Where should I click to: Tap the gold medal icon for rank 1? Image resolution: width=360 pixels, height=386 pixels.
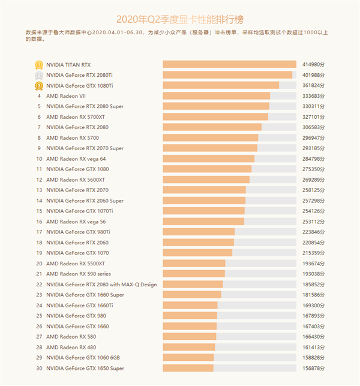pyautogui.click(x=38, y=64)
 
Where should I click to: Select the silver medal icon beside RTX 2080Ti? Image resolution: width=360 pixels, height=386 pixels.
pyautogui.click(x=38, y=75)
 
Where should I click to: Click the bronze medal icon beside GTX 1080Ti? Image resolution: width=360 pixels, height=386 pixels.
pyautogui.click(x=38, y=86)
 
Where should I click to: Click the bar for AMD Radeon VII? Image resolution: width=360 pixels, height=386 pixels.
pyautogui.click(x=216, y=96)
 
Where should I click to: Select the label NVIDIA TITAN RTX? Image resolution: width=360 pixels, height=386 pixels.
pyautogui.click(x=68, y=64)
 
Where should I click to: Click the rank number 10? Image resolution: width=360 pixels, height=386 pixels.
pyautogui.click(x=39, y=158)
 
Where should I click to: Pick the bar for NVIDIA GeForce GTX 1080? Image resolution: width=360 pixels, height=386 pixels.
pyautogui.click(x=207, y=169)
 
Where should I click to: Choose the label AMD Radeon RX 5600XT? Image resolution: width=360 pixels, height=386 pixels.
pyautogui.click(x=75, y=179)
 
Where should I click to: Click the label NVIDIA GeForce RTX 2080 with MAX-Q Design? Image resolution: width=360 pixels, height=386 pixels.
pyautogui.click(x=101, y=285)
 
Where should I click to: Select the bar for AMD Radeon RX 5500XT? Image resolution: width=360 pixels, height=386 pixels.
pyautogui.click(x=194, y=263)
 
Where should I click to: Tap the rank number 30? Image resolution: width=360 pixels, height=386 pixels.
pyautogui.click(x=39, y=368)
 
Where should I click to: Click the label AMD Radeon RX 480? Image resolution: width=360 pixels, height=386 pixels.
pyautogui.click(x=71, y=347)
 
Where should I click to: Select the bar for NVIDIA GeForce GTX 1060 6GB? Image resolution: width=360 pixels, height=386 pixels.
pyautogui.click(x=188, y=357)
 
